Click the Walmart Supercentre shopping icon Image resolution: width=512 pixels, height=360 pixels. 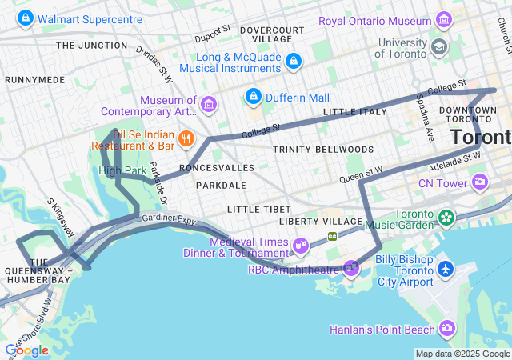coord(25,17)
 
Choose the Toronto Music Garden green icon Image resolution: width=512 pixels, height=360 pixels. coord(446,217)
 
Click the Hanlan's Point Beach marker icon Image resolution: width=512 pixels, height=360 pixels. coord(446,329)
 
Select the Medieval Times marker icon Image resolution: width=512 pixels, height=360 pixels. coord(301,246)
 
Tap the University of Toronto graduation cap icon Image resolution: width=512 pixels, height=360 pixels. coord(438,47)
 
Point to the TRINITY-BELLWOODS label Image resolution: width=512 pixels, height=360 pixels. coord(323,150)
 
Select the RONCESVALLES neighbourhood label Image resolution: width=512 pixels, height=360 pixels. coord(217,168)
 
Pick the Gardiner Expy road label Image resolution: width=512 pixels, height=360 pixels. coord(169,218)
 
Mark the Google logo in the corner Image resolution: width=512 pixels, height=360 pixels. coord(26,350)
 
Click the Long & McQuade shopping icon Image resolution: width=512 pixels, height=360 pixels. coord(294,60)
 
